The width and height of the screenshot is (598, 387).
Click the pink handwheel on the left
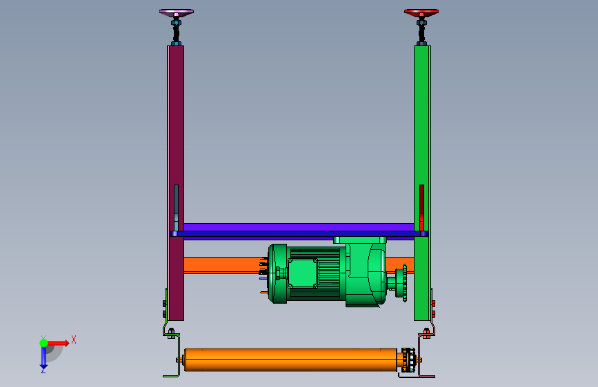pos(176,12)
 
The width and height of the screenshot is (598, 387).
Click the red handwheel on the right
pos(421,12)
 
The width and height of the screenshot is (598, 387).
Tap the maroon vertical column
pos(176,183)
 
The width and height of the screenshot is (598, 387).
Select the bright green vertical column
pos(422,183)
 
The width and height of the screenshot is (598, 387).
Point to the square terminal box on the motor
pos(303,273)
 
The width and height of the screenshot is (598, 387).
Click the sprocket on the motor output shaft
pos(404,282)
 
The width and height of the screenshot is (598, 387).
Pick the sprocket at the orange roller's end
pos(408,359)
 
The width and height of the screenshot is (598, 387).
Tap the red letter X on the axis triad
pos(74,339)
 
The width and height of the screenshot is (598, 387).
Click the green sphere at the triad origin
pos(44,343)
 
